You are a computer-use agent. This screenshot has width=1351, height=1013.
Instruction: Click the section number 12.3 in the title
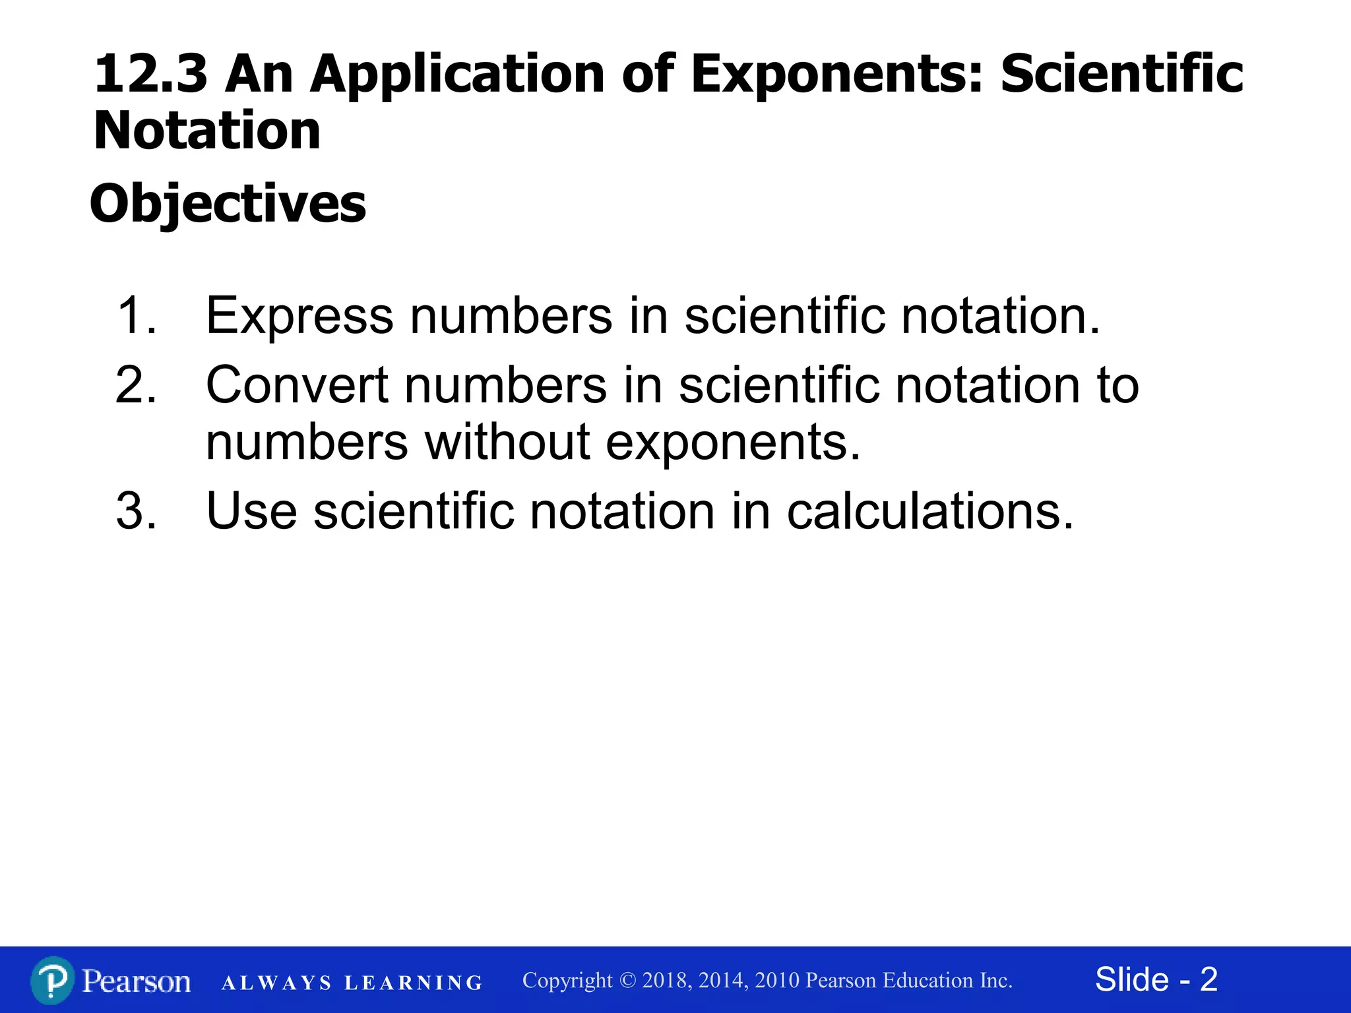point(150,74)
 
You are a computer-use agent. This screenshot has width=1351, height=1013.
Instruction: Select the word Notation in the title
point(207,131)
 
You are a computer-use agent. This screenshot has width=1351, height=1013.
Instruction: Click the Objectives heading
point(228,204)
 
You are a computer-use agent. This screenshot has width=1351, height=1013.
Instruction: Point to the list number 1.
point(135,316)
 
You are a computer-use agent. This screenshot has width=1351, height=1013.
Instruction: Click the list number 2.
point(136,385)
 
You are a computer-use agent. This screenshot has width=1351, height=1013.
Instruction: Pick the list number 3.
point(136,511)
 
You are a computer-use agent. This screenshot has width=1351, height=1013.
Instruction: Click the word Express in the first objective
point(299,316)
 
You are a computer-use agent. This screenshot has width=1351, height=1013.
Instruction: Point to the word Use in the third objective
point(251,511)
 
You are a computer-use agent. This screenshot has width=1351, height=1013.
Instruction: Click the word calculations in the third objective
point(930,511)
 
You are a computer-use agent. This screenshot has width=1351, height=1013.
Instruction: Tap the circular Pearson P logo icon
point(52,981)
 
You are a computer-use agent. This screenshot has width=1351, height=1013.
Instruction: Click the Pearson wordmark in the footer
point(137,981)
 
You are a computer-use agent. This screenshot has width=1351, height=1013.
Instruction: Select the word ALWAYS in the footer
point(277,983)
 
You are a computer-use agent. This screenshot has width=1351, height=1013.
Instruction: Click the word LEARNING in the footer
point(414,983)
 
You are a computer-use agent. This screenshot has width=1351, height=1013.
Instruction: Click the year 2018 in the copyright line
point(666,981)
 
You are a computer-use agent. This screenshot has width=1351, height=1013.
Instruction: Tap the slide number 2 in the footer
point(1209,979)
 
